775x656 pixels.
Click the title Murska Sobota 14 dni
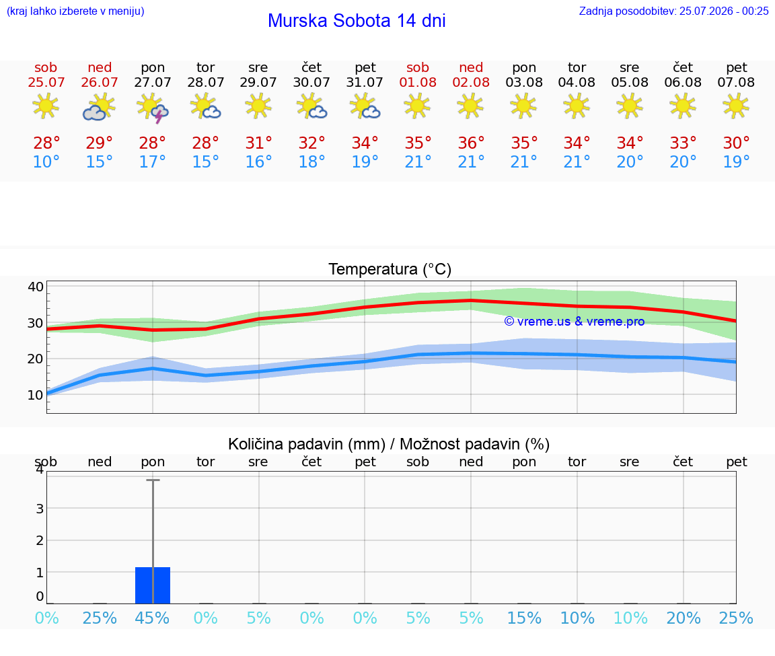[x=357, y=21]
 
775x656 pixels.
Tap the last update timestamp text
[x=673, y=11]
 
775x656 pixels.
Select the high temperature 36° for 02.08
[x=470, y=143]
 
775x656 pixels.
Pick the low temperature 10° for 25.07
[x=46, y=161]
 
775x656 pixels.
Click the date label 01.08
[x=418, y=83]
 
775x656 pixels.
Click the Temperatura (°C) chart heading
[x=390, y=269]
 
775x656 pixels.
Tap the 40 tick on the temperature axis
[x=36, y=287]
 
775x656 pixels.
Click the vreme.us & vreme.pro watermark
[x=575, y=322]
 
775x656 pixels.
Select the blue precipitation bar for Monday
[x=153, y=585]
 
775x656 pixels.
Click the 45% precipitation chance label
[x=152, y=618]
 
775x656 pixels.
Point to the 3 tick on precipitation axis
[x=40, y=508]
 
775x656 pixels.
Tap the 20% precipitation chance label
[x=684, y=618]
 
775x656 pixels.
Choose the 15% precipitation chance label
[x=524, y=618]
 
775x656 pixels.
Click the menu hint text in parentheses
[x=75, y=11]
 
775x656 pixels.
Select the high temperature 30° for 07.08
[x=737, y=143]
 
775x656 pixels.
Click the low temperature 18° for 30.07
[x=311, y=161]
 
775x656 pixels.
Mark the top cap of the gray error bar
[x=153, y=480]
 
